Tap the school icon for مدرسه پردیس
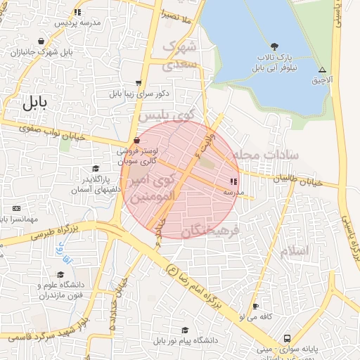coord(77,12)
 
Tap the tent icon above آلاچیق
coord(322,70)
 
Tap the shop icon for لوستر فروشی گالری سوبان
coord(136,141)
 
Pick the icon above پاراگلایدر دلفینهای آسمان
coord(96,169)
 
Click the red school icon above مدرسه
coord(233,181)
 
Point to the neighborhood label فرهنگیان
coord(211,231)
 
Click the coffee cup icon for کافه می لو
coord(255,307)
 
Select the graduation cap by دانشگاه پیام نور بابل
coord(185,330)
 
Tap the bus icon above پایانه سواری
coord(287,337)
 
